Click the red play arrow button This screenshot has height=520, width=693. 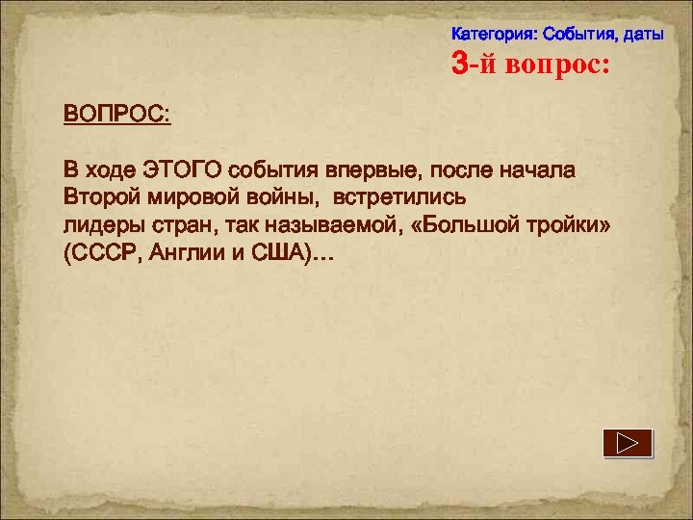coord(629,443)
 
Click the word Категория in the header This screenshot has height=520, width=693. coord(494,35)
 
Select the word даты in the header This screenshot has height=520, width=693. coord(643,35)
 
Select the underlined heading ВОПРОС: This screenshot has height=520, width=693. coord(116,114)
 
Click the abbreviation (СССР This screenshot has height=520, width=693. coord(103,253)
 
